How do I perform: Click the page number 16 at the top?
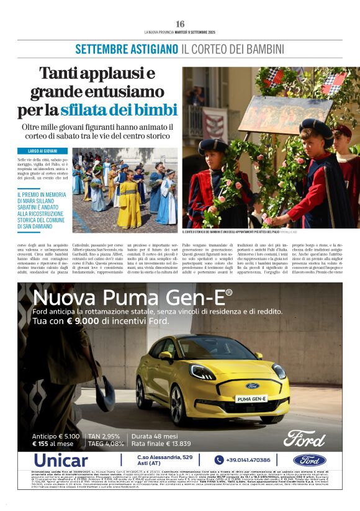coord(180,24)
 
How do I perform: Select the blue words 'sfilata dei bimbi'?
coord(119,111)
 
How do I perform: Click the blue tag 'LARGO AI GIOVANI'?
coord(43,151)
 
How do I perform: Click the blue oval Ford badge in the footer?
coord(309,460)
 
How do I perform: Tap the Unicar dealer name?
coord(61,460)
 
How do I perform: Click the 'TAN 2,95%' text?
coord(103,435)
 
